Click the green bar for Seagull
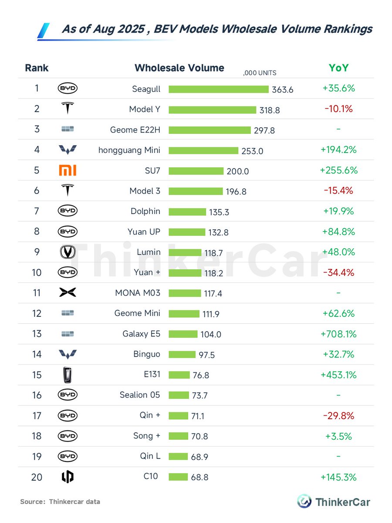[x=218, y=89]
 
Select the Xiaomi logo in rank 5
[x=68, y=170]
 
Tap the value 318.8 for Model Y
[x=270, y=110]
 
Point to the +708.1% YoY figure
[x=338, y=334]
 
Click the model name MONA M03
[x=135, y=293]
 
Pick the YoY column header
[x=338, y=68]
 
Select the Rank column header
[x=37, y=68]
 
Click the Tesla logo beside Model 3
[x=68, y=191]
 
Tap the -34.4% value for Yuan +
[x=338, y=273]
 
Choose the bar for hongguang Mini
[x=203, y=150]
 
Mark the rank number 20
[x=37, y=477]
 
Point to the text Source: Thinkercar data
[x=60, y=502]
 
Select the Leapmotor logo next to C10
[x=68, y=477]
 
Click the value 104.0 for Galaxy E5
[x=211, y=335]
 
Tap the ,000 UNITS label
[x=260, y=73]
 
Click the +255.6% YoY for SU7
[x=338, y=170]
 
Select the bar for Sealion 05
[x=179, y=395]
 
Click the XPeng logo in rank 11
[x=68, y=293]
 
